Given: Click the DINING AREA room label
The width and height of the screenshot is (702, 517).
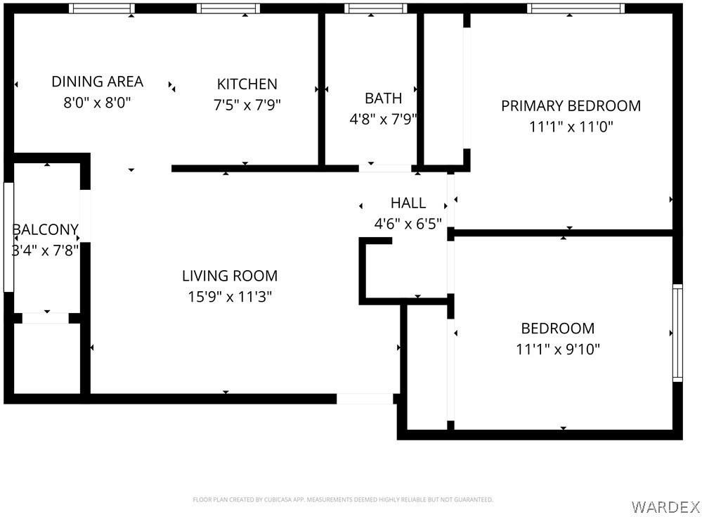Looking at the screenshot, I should [x=97, y=82].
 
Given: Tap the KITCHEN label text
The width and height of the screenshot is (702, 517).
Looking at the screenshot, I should [x=247, y=84].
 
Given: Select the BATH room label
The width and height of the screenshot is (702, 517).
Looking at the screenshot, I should [x=383, y=98].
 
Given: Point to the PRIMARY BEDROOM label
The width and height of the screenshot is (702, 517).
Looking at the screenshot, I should [x=571, y=106].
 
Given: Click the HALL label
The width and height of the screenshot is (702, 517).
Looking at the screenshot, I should [x=408, y=203].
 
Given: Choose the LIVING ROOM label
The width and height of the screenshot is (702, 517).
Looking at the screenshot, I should [x=229, y=276].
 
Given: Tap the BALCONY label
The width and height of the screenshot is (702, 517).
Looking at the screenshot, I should [x=45, y=230].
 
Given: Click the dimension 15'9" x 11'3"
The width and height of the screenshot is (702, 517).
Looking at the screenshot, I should [x=229, y=297].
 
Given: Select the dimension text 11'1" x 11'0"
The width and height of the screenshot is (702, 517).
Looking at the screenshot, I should [x=571, y=127].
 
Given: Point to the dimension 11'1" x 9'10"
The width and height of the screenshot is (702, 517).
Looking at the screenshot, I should [x=557, y=349].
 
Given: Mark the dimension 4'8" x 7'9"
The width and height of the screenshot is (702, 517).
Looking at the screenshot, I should [x=383, y=120].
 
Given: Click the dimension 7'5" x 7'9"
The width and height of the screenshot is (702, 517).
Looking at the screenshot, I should [x=247, y=106].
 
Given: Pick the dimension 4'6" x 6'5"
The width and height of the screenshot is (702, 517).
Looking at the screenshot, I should [x=408, y=224].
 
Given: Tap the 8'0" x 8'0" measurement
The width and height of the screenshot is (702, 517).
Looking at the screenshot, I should [x=97, y=103].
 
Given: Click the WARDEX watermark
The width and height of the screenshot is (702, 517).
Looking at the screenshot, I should [x=665, y=506].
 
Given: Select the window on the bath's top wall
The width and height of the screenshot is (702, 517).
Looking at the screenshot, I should [x=375, y=8].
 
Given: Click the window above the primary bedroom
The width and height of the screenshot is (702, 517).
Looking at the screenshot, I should [x=575, y=8].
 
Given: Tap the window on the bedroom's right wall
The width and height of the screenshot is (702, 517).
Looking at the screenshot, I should [x=677, y=332].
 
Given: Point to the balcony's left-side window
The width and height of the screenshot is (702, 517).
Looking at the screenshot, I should [x=8, y=237].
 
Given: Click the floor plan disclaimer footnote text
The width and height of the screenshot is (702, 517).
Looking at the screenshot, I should [x=342, y=499].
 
